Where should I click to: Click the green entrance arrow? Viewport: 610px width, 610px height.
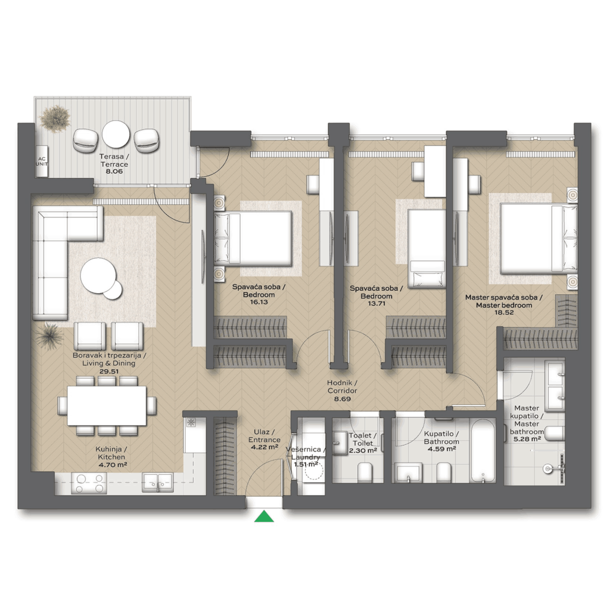[x=264, y=516]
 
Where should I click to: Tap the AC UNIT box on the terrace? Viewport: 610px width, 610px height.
[x=42, y=161]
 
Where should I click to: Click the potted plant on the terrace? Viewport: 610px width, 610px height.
[x=55, y=119]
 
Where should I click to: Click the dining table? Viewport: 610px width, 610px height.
[x=107, y=406]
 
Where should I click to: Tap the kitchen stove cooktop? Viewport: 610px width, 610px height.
[x=89, y=483]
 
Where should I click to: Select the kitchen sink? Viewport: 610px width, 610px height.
[x=157, y=483]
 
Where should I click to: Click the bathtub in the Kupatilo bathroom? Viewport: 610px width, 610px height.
[x=483, y=450]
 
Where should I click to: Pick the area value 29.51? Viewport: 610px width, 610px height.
[x=109, y=371]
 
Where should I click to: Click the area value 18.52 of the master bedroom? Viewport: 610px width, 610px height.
[x=504, y=312]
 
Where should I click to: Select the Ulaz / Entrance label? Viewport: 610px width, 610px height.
[x=264, y=435]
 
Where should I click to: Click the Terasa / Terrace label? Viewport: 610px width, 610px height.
[x=114, y=160]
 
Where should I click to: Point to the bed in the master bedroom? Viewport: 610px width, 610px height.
[x=539, y=238]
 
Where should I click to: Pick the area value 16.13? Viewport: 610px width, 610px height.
[x=259, y=302]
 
